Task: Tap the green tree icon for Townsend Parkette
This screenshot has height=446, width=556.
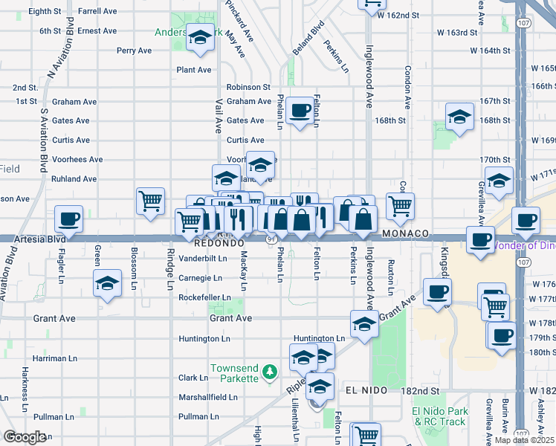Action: [x=272, y=369]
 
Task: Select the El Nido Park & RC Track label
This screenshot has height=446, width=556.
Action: [x=441, y=416]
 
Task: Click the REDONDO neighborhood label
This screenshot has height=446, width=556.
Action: [x=219, y=243]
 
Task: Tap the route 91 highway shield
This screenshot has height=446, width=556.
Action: [x=272, y=239]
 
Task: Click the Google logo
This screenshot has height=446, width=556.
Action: [x=25, y=437]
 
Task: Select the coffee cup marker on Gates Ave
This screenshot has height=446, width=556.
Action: [x=300, y=111]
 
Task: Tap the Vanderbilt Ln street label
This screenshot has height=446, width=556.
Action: [x=202, y=258]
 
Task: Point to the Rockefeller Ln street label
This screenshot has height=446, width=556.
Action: [x=204, y=297]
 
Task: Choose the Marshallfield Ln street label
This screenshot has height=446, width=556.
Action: [x=208, y=397]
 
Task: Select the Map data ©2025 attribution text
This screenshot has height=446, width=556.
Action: [x=525, y=440]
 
